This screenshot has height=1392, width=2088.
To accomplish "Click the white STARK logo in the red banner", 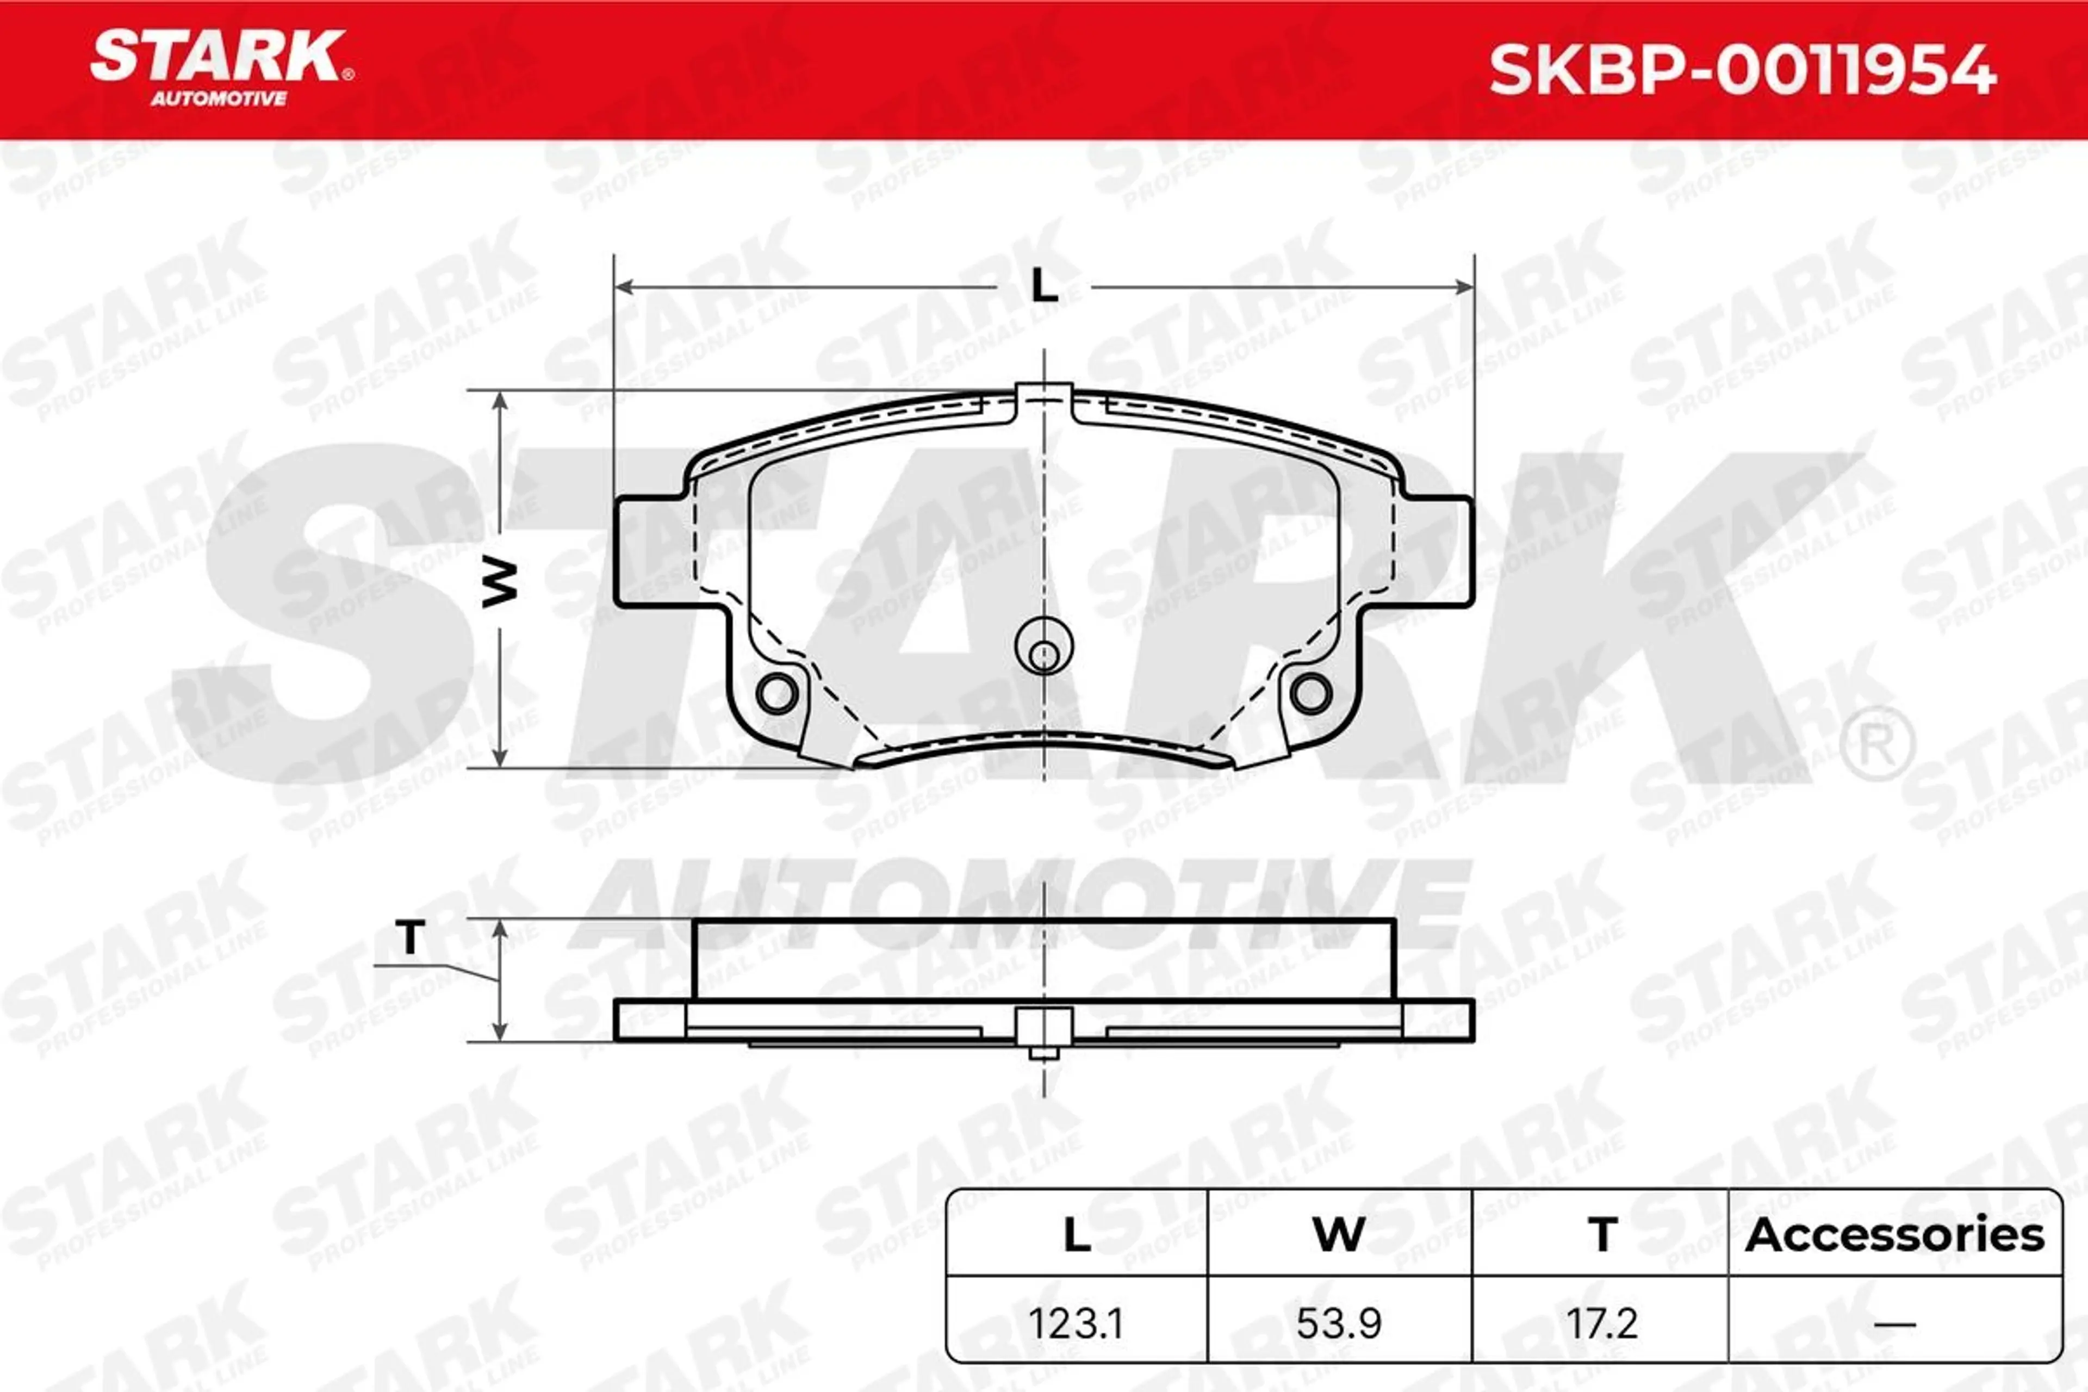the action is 219,56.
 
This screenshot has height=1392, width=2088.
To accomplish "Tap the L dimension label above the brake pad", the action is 1044,286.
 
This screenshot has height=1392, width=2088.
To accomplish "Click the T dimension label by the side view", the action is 410,937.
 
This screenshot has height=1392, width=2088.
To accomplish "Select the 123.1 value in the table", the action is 1076,1323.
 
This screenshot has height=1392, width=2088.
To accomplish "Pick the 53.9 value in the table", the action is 1339,1323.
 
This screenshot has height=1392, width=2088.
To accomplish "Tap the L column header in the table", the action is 1077,1235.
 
